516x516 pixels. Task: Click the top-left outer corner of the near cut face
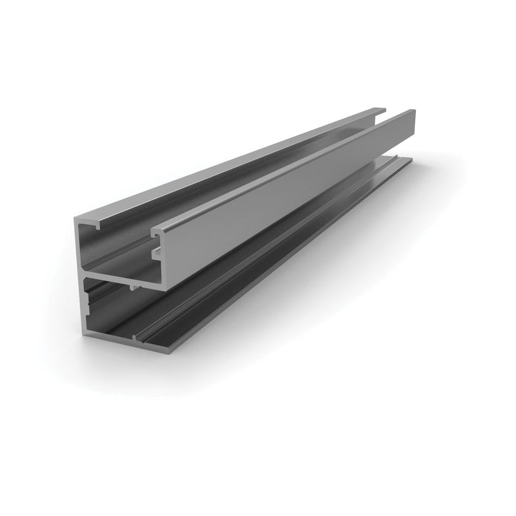(77, 219)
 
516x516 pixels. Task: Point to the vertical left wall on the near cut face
(81, 277)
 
